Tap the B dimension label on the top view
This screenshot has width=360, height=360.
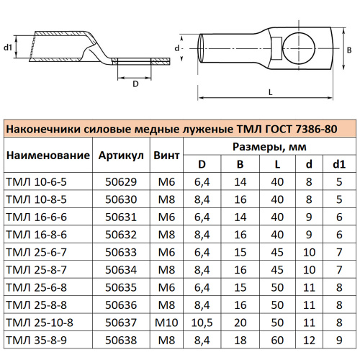pyautogui.click(x=349, y=50)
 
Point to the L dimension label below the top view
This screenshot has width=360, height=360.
pyautogui.click(x=269, y=92)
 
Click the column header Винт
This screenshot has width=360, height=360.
pyautogui.click(x=167, y=155)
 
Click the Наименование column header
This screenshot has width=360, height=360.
pyautogui.click(x=48, y=155)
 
